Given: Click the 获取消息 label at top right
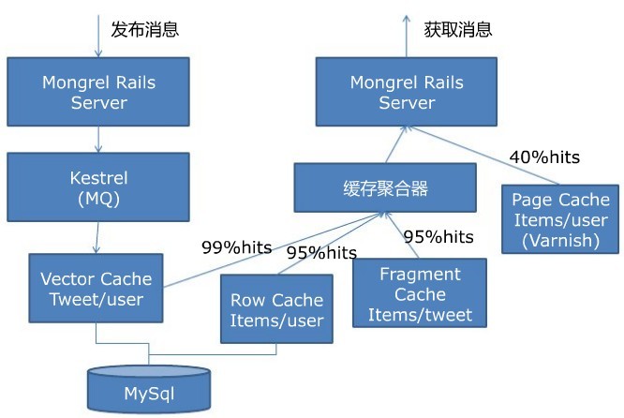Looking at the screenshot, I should coord(458,29).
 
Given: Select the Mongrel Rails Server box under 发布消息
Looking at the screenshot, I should coord(99,92).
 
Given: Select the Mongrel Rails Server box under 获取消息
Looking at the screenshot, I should coord(408,92).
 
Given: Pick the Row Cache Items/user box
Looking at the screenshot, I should coord(276,310).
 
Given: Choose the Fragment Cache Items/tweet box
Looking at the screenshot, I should coord(421,292).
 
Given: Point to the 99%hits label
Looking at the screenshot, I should coord(236,248).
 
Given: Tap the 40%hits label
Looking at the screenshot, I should coord(544,157).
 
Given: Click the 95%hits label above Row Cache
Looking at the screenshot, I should coord(321,253).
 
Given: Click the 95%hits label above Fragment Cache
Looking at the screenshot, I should coord(438,237).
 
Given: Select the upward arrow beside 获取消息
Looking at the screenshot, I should coord(407,33).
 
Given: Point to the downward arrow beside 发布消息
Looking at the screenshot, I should coord(98,33).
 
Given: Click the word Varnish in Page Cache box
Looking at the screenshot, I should coord(561,240).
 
